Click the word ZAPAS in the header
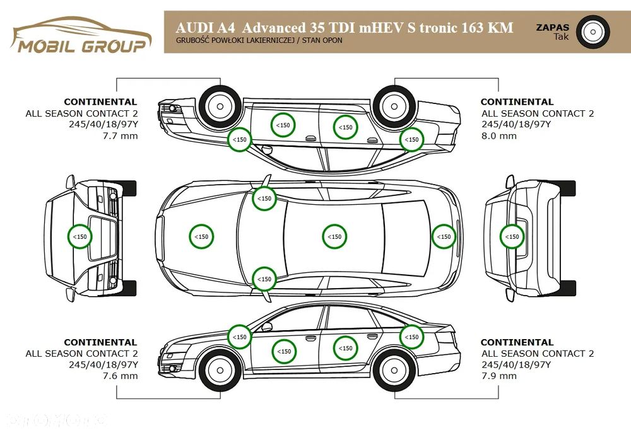pyautogui.click(x=552, y=27)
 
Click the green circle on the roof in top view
pyautogui.click(x=334, y=236)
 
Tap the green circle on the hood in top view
pyautogui.click(x=201, y=236)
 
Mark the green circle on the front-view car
pyautogui.click(x=80, y=236)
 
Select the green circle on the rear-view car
pyautogui.click(x=512, y=237)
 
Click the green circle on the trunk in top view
pyautogui.click(x=444, y=236)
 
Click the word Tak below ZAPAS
pyautogui.click(x=560, y=37)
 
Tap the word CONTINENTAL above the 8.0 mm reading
pyautogui.click(x=517, y=101)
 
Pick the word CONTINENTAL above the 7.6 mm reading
pyautogui.click(x=100, y=342)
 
